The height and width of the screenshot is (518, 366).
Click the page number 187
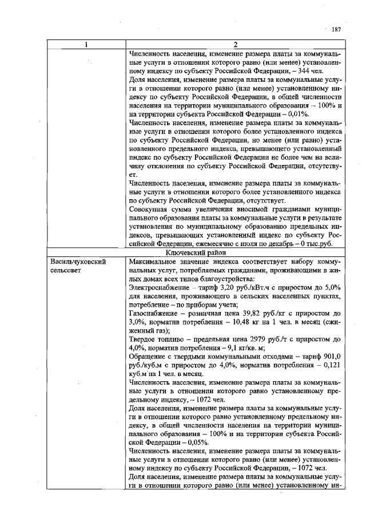[336, 29]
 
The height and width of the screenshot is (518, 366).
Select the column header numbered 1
[87, 46]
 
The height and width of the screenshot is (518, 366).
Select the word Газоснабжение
[153, 314]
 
